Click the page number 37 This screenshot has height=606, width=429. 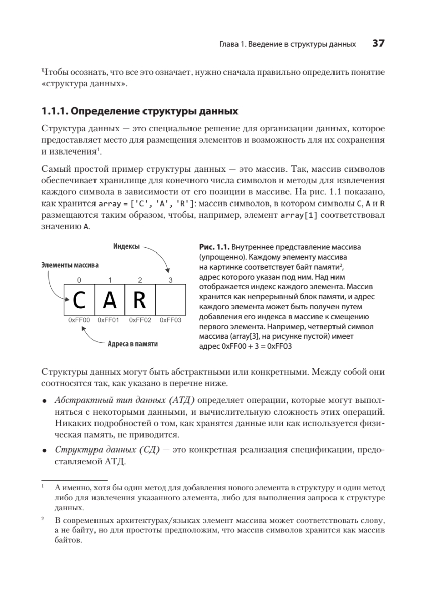click(x=378, y=44)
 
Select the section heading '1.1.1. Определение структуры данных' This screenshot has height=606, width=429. click(x=139, y=111)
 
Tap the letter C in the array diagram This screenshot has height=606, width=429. click(x=79, y=300)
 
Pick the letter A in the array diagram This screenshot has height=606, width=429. click(x=110, y=300)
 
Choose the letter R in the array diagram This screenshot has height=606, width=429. click(x=140, y=300)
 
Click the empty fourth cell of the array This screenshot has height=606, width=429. click(x=170, y=300)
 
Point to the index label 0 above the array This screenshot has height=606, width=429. click(x=79, y=280)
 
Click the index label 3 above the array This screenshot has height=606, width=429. click(x=170, y=280)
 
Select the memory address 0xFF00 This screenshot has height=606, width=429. click(x=79, y=320)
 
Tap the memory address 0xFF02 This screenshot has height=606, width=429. click(x=140, y=320)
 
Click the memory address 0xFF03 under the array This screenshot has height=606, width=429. click(x=170, y=320)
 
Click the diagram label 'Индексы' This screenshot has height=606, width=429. click(x=127, y=246)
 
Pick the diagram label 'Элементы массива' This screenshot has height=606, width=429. click(x=69, y=264)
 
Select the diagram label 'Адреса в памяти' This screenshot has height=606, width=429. click(x=132, y=344)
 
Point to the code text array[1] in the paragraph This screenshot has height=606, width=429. click(x=289, y=216)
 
